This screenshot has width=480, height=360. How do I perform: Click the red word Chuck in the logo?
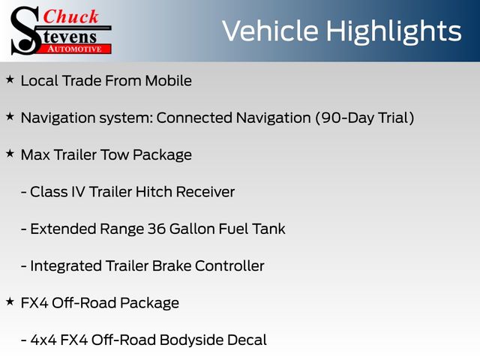(x=70, y=16)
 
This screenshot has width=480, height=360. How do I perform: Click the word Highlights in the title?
(x=393, y=31)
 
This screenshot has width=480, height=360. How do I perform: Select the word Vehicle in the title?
(x=270, y=31)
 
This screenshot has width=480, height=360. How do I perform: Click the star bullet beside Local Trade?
(x=10, y=79)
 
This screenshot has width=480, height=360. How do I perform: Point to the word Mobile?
(x=168, y=81)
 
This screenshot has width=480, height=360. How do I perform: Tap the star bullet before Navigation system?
(x=10, y=117)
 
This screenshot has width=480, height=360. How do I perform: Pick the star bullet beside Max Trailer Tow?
(x=10, y=154)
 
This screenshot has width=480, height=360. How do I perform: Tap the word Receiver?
(x=205, y=192)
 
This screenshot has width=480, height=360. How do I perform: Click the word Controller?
(x=229, y=266)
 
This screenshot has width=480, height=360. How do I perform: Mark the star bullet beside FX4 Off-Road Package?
(x=10, y=301)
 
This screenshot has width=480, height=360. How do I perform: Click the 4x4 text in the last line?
(x=43, y=340)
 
